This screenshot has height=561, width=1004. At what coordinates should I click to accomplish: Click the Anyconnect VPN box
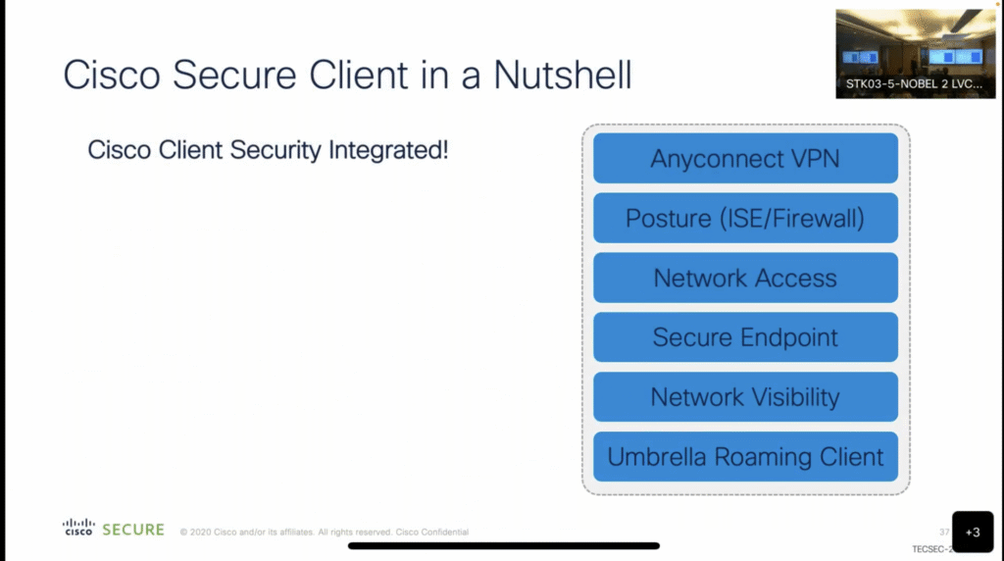tap(745, 158)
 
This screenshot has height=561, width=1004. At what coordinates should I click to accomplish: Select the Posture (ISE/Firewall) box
tap(745, 218)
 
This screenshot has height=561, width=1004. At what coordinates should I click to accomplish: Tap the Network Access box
tap(745, 278)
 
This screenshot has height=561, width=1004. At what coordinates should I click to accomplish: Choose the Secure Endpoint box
tap(745, 337)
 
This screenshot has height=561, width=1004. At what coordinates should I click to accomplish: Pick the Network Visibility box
tap(745, 397)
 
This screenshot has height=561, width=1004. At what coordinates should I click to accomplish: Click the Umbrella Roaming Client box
tap(745, 457)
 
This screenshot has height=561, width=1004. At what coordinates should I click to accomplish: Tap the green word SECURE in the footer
tap(133, 530)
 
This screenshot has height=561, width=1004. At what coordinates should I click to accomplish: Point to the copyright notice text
tap(324, 533)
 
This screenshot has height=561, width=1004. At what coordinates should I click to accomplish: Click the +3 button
tap(972, 532)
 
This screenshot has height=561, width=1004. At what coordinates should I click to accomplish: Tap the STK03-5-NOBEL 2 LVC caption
tap(915, 84)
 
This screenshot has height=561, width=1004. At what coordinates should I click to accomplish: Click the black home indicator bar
tap(503, 545)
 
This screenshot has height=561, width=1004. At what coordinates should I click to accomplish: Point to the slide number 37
tap(944, 531)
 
